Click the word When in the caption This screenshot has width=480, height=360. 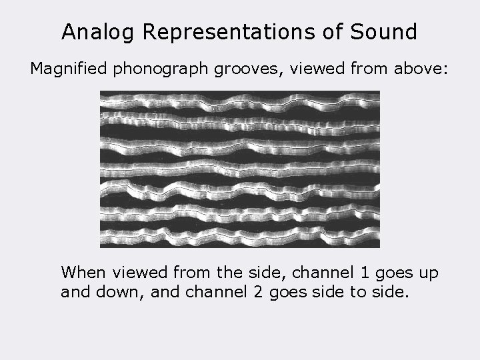[x=84, y=273]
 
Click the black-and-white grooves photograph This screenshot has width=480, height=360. [x=239, y=169]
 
